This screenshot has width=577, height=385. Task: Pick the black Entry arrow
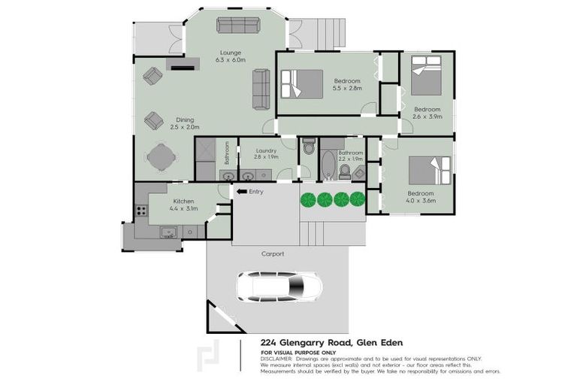click(x=242, y=192)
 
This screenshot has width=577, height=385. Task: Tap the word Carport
click(x=273, y=254)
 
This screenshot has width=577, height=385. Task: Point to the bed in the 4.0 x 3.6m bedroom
click(x=430, y=172)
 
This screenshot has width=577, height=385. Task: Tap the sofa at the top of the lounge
click(x=237, y=25)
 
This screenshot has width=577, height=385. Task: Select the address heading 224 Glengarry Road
click(x=337, y=343)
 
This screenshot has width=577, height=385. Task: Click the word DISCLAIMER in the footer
click(x=277, y=359)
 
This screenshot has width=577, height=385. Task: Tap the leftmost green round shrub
click(x=307, y=199)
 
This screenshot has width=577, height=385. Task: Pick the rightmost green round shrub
click(x=358, y=199)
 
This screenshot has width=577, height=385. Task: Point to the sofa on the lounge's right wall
click(x=261, y=89)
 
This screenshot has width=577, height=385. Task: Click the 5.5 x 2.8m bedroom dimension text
click(x=347, y=89)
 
